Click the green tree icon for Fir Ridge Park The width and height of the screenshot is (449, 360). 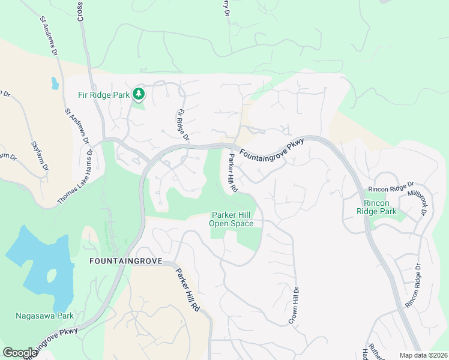coord(139,94)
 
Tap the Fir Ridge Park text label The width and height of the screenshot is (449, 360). coord(104,95)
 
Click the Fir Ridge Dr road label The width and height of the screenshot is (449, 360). coord(182,125)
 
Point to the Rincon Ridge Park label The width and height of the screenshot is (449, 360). coord(376,208)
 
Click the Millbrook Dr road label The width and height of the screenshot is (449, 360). coord(418,203)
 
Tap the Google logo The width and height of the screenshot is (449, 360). coord(20,352)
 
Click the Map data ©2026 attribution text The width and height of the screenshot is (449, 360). coord(423,355)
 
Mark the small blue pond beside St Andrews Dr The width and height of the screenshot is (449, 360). coord(55,83)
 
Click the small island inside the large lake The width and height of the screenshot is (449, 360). coord(51,277)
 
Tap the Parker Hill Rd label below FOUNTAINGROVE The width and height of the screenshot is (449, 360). coord(187,289)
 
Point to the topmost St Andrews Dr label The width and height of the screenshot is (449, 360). coord(49,37)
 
